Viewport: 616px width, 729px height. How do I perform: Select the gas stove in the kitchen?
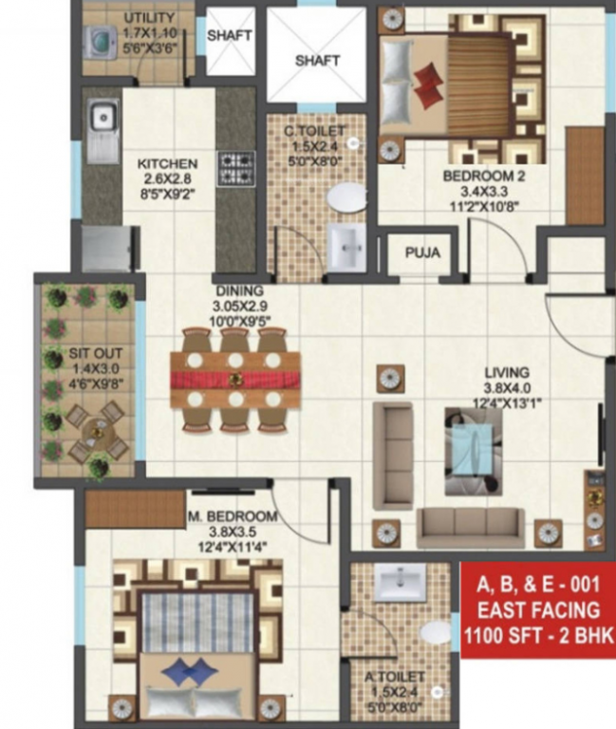click(x=233, y=168)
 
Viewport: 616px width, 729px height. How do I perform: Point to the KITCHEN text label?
click(x=166, y=164)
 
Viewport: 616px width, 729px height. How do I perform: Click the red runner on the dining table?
click(x=234, y=380)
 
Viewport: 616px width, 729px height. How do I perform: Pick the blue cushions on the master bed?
click(x=191, y=672)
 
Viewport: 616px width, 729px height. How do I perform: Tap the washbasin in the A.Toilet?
click(x=401, y=583)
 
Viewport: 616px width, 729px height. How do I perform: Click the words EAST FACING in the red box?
click(x=538, y=609)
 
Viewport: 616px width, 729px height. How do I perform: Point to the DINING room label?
click(x=237, y=292)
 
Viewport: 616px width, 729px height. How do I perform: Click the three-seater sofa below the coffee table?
click(x=471, y=522)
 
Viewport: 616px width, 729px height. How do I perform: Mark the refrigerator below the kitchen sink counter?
click(x=104, y=249)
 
